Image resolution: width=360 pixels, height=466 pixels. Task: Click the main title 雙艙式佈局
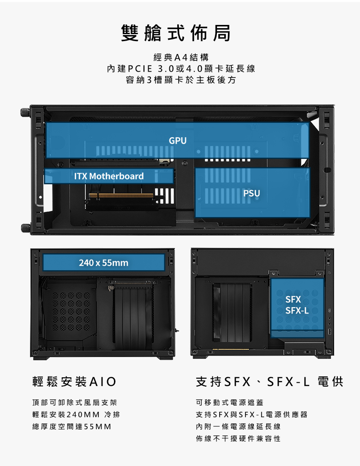[x=176, y=33]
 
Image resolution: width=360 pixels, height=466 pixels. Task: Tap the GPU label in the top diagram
[x=178, y=140]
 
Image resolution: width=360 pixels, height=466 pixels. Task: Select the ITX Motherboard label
[x=109, y=176]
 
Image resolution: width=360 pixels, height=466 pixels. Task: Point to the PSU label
[x=252, y=194]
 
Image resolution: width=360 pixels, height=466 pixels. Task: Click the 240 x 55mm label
[x=104, y=263]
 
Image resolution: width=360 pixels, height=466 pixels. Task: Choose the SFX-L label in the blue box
[x=297, y=310]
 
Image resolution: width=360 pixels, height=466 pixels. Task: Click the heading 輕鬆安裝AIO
[x=74, y=381]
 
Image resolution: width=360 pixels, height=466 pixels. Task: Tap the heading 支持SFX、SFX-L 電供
[x=270, y=381]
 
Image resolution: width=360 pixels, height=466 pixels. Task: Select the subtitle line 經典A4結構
[x=181, y=57]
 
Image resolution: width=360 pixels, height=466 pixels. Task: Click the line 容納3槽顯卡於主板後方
[x=181, y=80]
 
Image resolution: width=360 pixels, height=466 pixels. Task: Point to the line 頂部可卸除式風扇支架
[x=75, y=403]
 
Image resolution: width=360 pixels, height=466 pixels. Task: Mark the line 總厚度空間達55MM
[x=72, y=427]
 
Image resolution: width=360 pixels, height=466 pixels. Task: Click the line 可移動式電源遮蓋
[x=229, y=403]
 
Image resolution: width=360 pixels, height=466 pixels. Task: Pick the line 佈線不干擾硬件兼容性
[x=238, y=439]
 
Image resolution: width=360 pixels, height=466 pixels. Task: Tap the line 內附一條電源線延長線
[x=238, y=427]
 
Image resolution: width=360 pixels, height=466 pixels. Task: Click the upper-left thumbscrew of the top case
[x=25, y=112]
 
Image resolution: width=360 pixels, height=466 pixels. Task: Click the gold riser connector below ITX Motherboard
[x=121, y=195]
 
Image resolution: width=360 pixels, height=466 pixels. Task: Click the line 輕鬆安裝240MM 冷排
[x=76, y=415]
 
